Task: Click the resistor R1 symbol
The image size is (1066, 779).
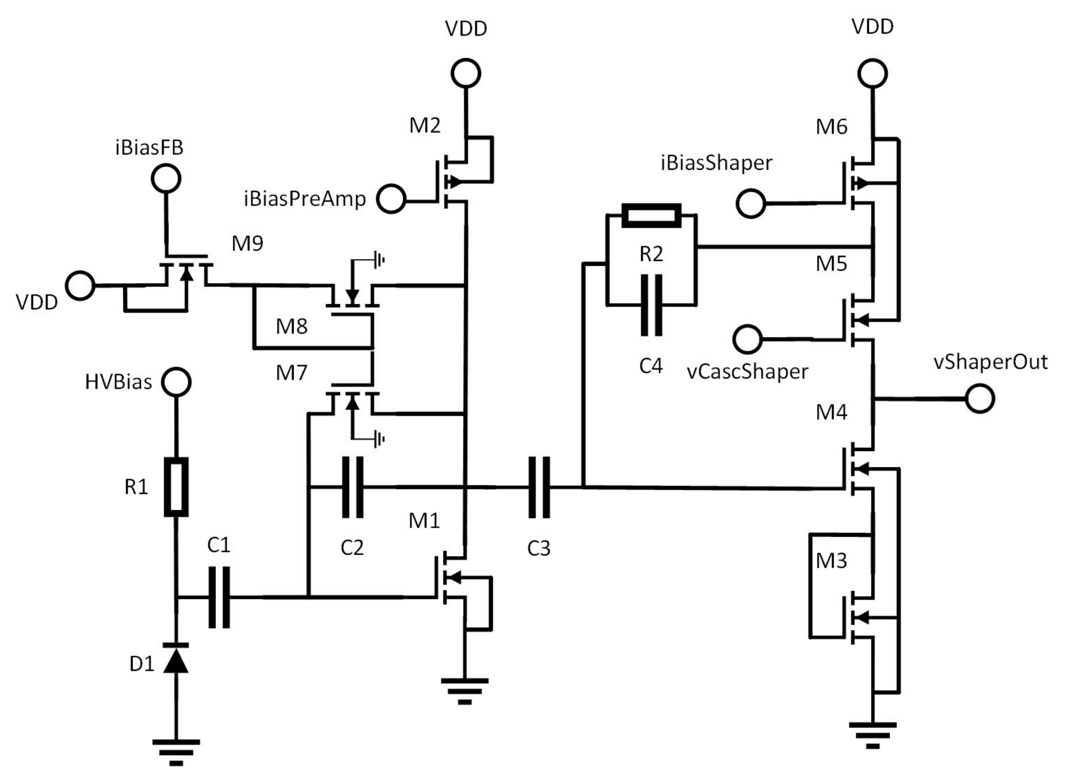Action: pos(176,487)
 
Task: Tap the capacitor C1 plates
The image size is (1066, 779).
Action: pos(219,597)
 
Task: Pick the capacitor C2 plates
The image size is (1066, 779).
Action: pos(352,487)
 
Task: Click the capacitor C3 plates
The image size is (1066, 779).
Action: pos(539,487)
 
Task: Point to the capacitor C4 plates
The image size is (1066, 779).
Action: pos(651,305)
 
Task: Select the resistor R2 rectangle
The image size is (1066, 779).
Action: pos(651,215)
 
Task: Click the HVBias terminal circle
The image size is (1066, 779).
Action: pos(176,382)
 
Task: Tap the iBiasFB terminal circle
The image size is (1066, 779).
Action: pos(166,179)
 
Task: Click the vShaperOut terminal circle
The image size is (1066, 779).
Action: pos(980,398)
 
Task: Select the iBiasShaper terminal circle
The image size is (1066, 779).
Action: pos(751,203)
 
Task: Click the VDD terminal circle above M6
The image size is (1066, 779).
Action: pos(873,73)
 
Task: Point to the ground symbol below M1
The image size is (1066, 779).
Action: pos(465,691)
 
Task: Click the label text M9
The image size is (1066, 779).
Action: pos(247,244)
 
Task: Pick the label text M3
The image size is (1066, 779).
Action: pos(832,561)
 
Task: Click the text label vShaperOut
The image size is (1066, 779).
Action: pos(990,362)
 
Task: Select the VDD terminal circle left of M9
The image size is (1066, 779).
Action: pos(80,285)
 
